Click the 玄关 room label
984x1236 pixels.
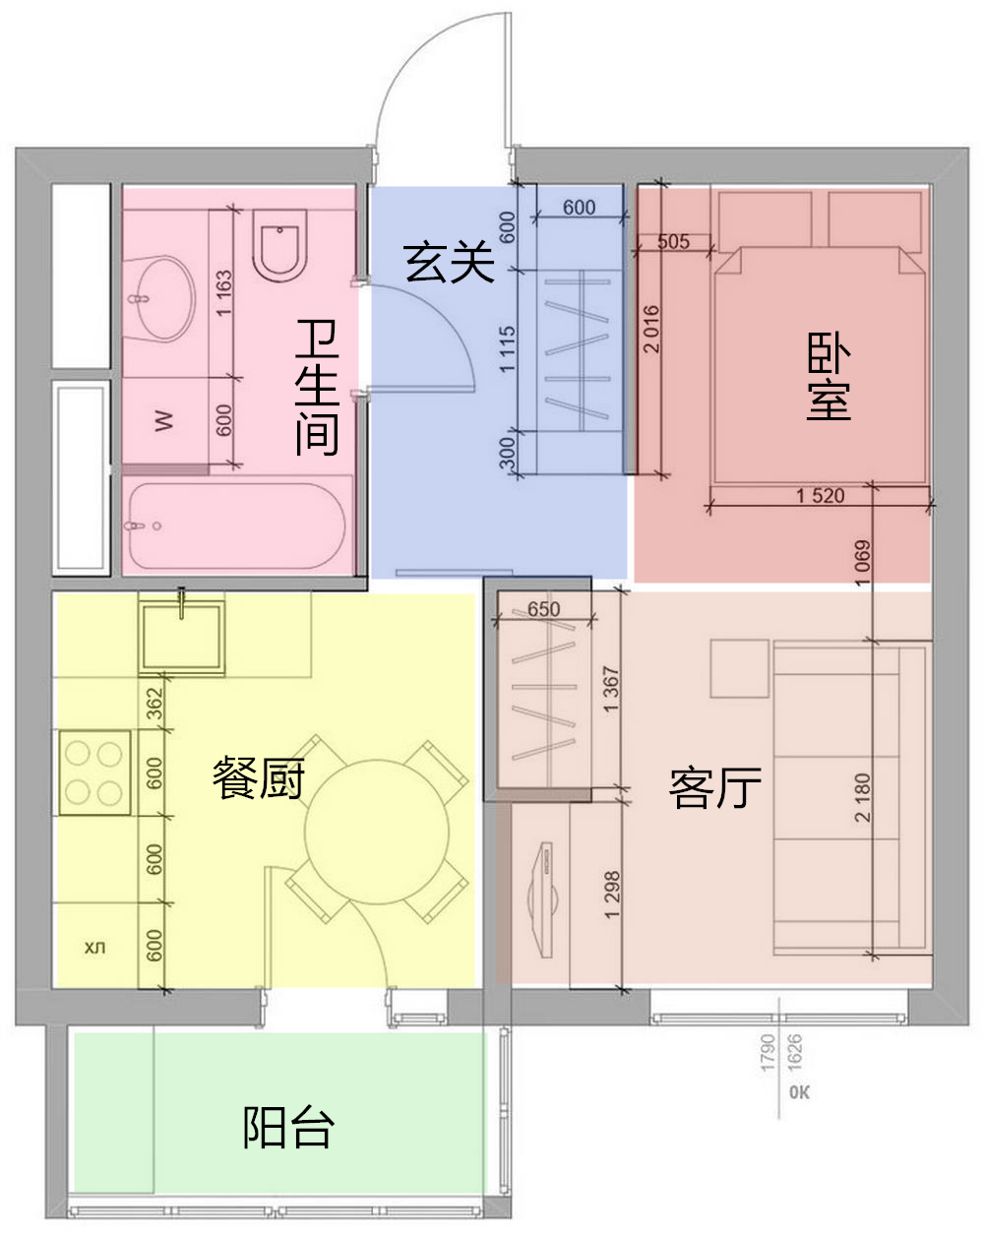[x=449, y=263]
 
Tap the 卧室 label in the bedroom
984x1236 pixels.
[x=829, y=376]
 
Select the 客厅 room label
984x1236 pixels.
[x=714, y=787]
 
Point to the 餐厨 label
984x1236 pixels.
[x=259, y=778]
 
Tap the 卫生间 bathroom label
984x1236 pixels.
[x=317, y=388]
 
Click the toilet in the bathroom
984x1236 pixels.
[x=279, y=245]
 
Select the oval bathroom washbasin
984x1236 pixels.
[x=160, y=298]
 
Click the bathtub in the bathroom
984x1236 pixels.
[x=237, y=525]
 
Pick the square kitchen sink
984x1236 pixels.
[x=181, y=638]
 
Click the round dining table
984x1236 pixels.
[x=377, y=832]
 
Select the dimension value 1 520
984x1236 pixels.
[x=820, y=495]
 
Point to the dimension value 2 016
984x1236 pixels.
[x=651, y=329]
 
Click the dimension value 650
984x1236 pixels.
[x=543, y=609]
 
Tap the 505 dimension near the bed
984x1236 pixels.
[x=673, y=241]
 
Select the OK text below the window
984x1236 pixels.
[x=799, y=1092]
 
